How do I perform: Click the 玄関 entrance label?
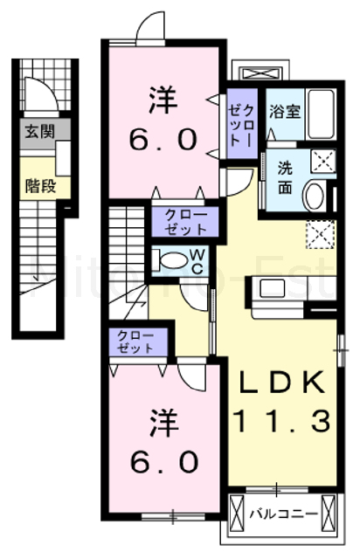tap(36, 133)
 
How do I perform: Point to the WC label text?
tap(198, 260)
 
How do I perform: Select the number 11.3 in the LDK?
tap(281, 424)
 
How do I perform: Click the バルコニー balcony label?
tap(281, 513)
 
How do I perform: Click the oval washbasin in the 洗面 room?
tap(314, 196)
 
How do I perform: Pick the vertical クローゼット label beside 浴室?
tap(241, 126)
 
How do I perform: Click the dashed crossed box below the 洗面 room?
tap(321, 233)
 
